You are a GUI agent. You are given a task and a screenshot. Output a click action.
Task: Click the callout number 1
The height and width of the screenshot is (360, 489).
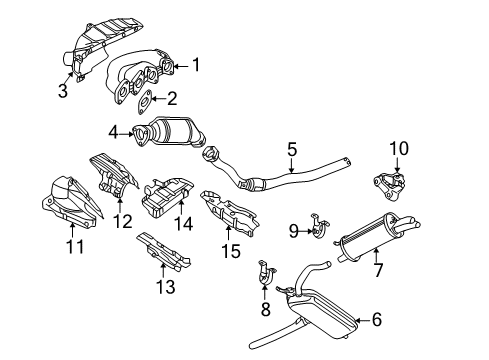(196, 64)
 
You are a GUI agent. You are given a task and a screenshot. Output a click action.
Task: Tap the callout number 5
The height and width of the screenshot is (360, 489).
(292, 149)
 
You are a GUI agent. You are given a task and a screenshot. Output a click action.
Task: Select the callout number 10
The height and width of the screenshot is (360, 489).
(399, 149)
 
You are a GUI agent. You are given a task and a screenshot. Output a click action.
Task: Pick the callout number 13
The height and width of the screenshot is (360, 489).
(166, 287)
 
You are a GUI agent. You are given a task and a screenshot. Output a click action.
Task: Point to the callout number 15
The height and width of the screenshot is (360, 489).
(231, 251)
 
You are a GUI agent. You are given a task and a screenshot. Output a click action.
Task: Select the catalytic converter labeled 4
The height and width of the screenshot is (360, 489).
(169, 134)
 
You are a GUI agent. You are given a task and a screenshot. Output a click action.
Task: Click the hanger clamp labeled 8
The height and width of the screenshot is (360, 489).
(266, 274)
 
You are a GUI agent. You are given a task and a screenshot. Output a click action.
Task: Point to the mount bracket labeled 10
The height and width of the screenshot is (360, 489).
(389, 186)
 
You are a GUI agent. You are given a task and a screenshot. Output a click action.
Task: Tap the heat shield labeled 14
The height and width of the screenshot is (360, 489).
(167, 197)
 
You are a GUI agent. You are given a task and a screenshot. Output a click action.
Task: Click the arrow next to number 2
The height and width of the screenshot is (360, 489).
(159, 99)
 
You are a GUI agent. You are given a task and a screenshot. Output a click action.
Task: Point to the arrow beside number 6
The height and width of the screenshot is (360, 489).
(362, 320)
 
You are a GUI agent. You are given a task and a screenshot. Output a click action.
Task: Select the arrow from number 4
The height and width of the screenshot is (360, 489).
(126, 134)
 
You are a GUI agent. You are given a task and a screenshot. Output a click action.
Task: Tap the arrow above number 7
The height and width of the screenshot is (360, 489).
(376, 255)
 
